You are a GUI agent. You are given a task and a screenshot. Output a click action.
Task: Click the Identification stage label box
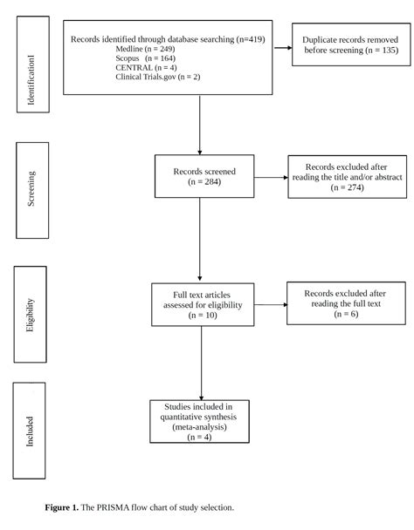tap(33, 65)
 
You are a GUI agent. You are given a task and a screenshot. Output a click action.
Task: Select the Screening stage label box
tap(32, 190)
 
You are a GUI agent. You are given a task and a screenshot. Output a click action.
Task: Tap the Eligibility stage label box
tap(31, 315)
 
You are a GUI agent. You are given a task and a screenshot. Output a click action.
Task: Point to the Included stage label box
tap(29, 431)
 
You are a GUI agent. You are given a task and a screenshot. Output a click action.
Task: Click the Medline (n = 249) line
tap(145, 49)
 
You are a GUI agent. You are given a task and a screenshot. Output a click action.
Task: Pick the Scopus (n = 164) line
tap(145, 58)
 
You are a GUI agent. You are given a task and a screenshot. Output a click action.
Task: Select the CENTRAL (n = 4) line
tap(146, 68)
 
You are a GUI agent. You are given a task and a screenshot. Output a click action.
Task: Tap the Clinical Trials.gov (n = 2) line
tap(158, 77)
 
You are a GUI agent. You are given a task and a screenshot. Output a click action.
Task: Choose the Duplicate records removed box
tap(351, 44)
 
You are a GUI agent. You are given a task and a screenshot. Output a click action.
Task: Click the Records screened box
tap(204, 176)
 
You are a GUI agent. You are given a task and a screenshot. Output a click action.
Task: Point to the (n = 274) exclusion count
tap(348, 187)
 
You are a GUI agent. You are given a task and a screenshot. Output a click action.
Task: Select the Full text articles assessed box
tap(203, 304)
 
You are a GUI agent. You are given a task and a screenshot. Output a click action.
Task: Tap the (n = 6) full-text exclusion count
tap(346, 314)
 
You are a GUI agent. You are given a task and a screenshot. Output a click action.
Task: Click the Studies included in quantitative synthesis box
tap(199, 421)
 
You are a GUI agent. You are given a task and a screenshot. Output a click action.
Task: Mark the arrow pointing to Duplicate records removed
tap(282, 48)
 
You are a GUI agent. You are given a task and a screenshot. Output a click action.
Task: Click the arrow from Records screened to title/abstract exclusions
tap(271, 177)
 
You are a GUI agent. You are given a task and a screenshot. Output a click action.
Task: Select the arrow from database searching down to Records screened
tap(199, 125)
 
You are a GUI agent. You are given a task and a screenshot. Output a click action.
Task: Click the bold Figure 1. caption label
tap(62, 507)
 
